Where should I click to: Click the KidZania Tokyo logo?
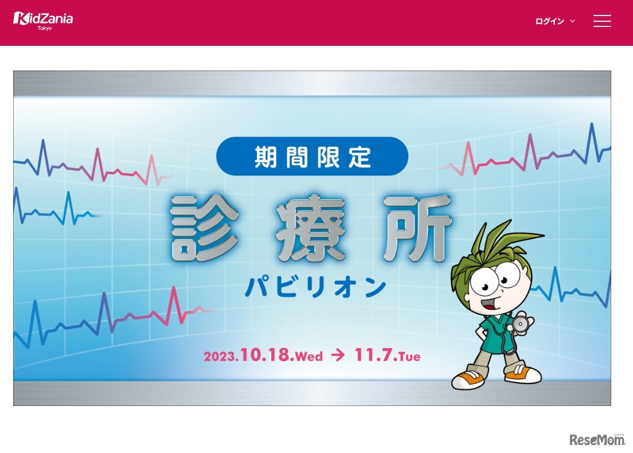point(43,19)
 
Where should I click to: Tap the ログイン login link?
point(550,21)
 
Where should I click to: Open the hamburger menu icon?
point(602,21)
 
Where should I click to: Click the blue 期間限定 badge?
point(312,156)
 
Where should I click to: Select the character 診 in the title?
point(205,227)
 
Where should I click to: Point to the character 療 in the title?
point(311,227)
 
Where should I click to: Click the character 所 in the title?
point(417,227)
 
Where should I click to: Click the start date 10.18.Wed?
point(281,356)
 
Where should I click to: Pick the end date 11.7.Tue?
point(388,356)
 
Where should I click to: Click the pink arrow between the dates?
point(338,356)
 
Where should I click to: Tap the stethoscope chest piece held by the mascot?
point(520,324)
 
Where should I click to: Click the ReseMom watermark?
point(597,439)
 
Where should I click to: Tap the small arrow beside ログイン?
point(572,21)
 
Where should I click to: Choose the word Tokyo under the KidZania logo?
point(44,28)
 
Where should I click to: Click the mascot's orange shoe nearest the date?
point(467,379)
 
